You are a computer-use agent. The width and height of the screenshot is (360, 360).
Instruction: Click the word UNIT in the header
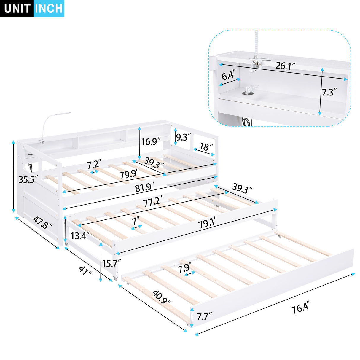17,9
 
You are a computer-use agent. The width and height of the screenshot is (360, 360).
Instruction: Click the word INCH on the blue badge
49,9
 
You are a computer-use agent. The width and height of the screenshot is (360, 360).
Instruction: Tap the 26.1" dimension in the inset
285,66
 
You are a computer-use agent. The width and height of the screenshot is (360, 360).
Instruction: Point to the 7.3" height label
329,92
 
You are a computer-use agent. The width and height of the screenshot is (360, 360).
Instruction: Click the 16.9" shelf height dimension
151,141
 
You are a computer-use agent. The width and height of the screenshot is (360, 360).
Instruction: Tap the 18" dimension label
206,147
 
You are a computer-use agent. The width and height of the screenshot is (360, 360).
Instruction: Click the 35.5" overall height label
28,179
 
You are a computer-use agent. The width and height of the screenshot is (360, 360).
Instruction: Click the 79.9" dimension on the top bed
129,174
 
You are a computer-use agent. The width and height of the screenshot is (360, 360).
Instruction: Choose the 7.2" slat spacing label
94,164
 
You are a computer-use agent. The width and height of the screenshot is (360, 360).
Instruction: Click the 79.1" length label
207,223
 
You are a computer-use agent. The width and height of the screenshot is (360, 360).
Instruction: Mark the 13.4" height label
80,236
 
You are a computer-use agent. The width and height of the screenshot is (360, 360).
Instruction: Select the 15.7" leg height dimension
112,263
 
